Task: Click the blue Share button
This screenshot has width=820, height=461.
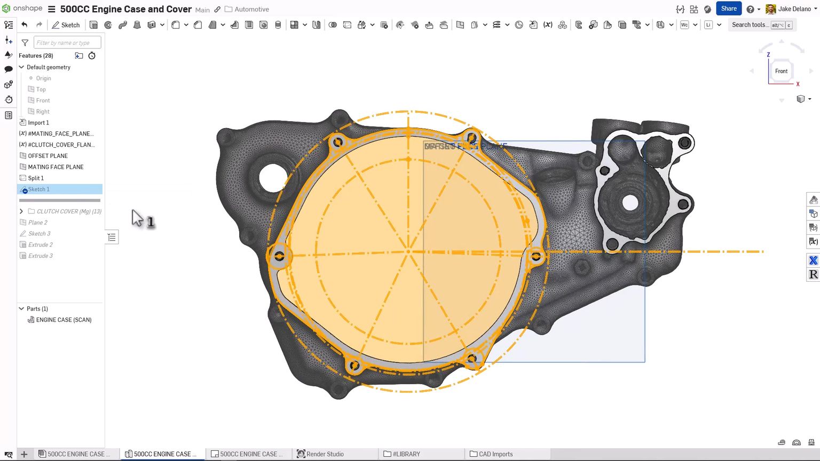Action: click(728, 9)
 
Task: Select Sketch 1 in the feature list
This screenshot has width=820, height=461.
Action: click(39, 189)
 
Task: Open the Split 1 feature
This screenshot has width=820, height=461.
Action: click(36, 178)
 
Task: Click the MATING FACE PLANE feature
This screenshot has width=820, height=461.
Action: click(56, 167)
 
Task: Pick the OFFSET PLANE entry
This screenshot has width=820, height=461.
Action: click(48, 156)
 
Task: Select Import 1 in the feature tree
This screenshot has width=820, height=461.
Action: click(38, 123)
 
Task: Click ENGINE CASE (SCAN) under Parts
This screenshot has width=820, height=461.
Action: click(64, 320)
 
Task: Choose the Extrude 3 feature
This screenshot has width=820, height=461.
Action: click(41, 256)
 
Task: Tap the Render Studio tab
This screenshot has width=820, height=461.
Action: click(325, 454)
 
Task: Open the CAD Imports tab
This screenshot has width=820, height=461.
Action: click(495, 454)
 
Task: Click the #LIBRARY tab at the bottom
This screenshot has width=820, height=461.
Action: click(406, 454)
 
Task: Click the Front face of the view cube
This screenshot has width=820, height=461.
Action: click(781, 71)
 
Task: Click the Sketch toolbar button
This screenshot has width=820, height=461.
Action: click(66, 25)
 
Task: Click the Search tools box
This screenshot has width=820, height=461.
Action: click(750, 25)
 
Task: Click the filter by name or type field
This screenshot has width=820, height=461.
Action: click(67, 43)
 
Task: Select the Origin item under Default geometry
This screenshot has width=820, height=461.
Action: click(43, 78)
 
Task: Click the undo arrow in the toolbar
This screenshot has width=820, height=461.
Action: click(25, 25)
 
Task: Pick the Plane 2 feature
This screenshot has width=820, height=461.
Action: click(38, 222)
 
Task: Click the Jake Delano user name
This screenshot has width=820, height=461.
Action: click(794, 9)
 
